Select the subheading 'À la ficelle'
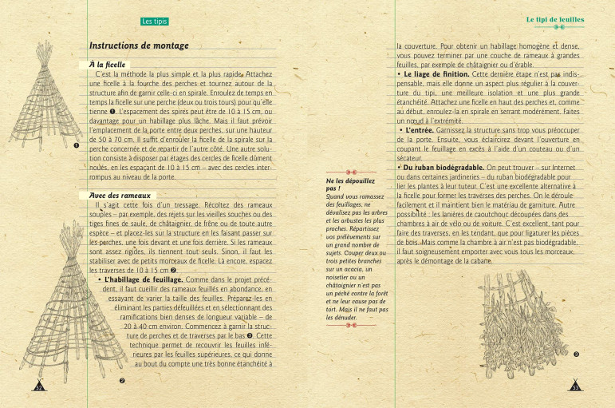pos(108,63)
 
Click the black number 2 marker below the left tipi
pos(122,381)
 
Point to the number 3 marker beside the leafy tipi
pos(575,353)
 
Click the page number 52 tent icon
pos(38,386)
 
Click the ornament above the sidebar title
pos(349,172)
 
